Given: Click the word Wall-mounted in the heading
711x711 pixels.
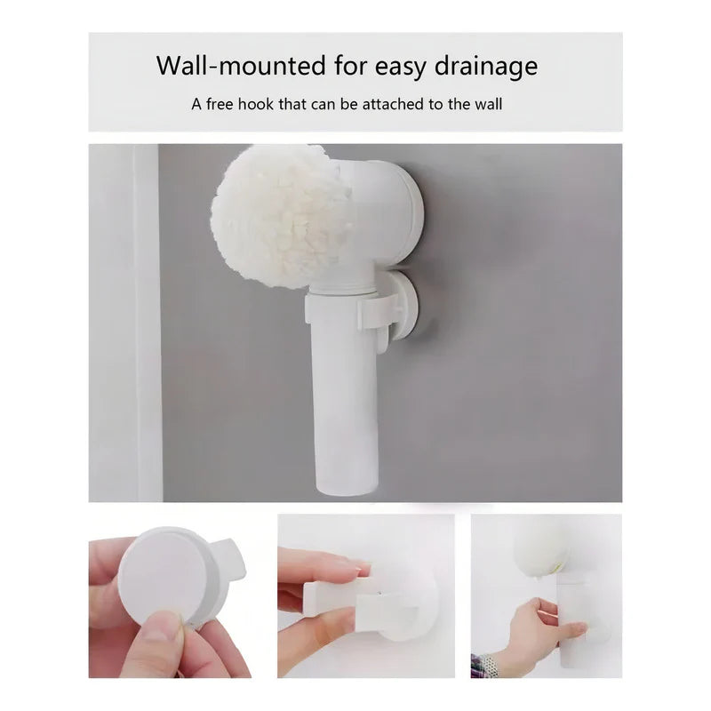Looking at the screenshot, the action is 241,65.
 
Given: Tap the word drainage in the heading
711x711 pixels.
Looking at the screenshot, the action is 486,66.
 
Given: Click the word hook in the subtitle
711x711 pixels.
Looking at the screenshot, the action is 256,104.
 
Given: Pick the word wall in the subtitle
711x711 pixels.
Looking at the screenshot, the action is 488,104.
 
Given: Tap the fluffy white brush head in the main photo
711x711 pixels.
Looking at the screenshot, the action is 277,220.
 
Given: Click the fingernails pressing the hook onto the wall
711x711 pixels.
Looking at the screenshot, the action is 360,566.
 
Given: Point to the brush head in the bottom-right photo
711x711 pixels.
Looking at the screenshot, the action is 540,547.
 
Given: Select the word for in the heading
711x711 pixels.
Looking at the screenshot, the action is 351,65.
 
